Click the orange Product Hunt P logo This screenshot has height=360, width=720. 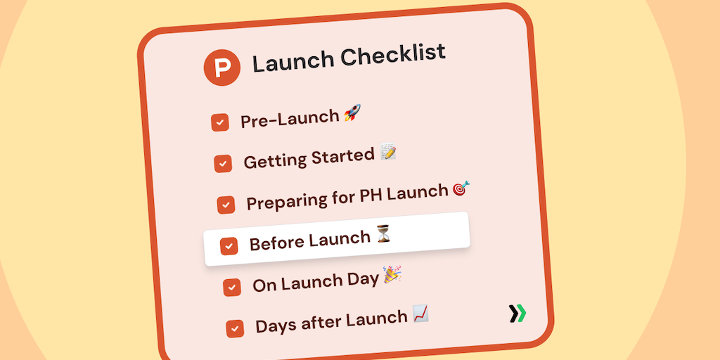pos(221,67)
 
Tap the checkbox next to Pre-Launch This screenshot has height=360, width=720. pos(220,122)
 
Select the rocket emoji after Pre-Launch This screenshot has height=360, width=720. pos(352,112)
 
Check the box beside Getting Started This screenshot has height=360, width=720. pos(223,163)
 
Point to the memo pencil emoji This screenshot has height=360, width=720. pos(388,152)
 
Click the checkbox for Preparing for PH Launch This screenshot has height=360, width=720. pos(226,205)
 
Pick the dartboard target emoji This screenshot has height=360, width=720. pos(461,188)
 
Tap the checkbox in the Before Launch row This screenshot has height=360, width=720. pos(229,246)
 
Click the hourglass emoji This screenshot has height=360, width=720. pos(383,233)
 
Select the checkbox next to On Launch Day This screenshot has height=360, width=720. pos(232,288)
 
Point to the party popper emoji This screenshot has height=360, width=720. pos(392,274)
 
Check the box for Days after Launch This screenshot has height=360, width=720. pos(235,328)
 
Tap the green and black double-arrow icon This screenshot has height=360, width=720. pos(517,314)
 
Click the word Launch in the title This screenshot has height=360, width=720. pos(293,61)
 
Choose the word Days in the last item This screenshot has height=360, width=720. pos(274,325)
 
